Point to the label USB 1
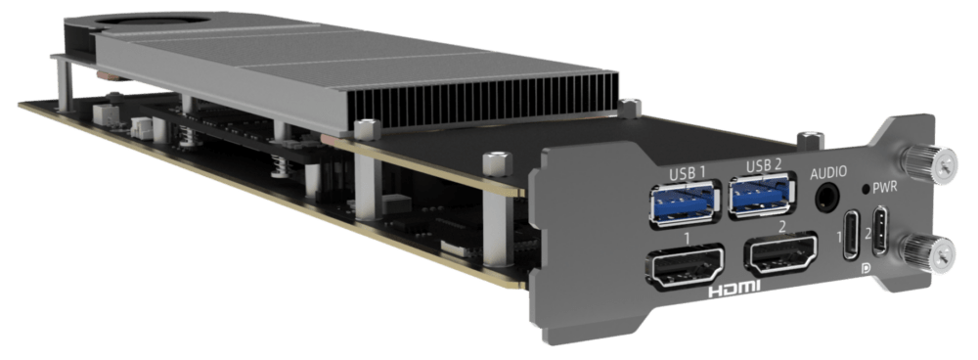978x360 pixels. [687, 174]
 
